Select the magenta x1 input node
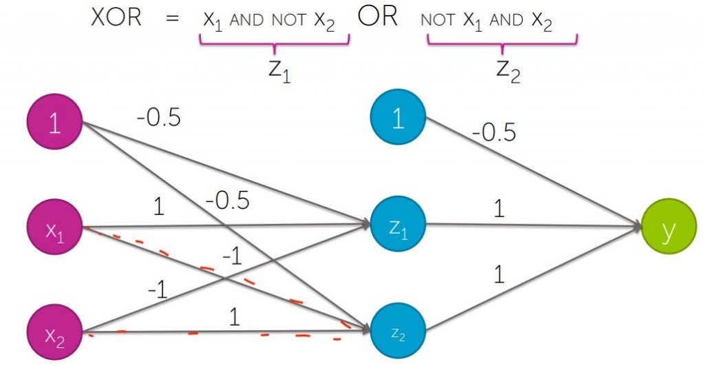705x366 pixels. (x=54, y=230)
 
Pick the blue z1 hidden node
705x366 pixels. (x=398, y=225)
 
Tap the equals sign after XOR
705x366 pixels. (x=171, y=20)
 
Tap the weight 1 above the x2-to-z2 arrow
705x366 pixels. (x=234, y=317)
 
